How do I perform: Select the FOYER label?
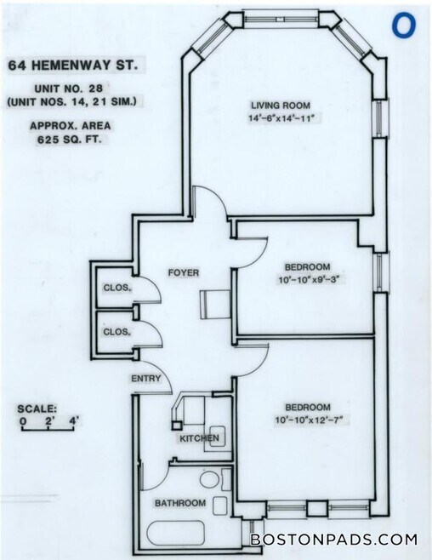click(x=184, y=273)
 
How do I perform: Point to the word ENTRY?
click(x=145, y=379)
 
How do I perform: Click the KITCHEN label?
click(x=198, y=439)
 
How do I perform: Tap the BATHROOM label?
click(x=179, y=504)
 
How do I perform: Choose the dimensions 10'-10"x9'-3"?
click(x=307, y=280)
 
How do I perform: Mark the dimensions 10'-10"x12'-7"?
click(x=307, y=420)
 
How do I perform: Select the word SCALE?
click(x=40, y=408)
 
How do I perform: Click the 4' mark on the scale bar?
click(x=74, y=420)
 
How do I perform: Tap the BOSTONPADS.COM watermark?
click(x=333, y=539)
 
